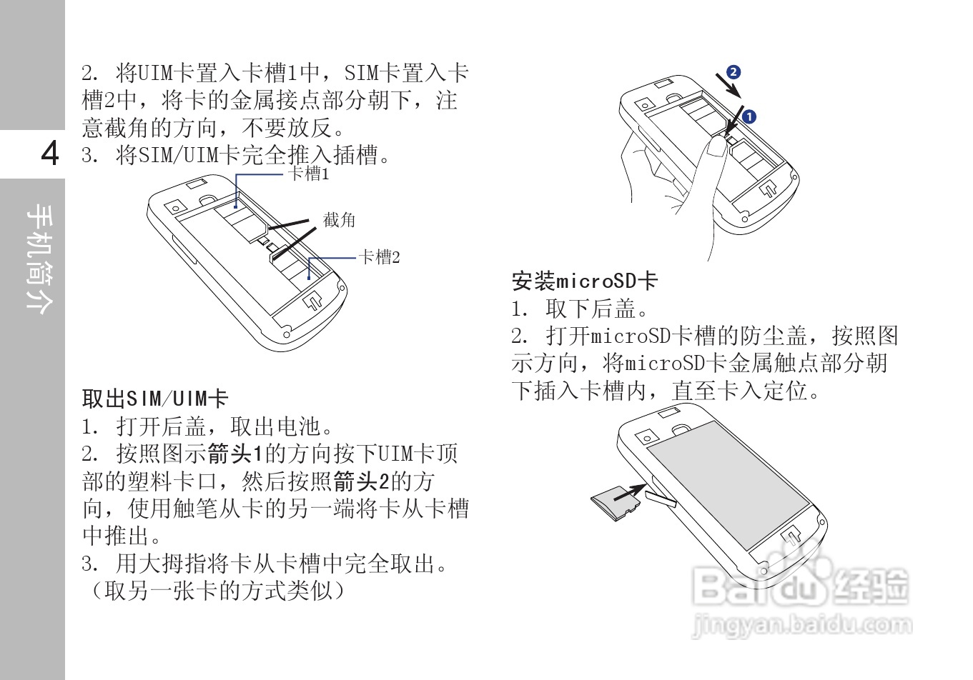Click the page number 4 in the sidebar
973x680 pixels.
[49, 154]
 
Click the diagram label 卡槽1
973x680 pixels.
[308, 174]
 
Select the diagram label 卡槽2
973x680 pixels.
[379, 256]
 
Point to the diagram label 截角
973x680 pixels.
[339, 220]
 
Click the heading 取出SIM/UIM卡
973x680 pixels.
[154, 399]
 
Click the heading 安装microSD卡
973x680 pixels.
[583, 281]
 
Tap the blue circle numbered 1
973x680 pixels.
[749, 116]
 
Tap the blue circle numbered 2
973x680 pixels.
[733, 72]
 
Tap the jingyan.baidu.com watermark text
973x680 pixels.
[802, 626]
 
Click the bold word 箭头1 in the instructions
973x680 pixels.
[236, 454]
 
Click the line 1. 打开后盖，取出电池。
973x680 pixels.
[208, 427]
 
